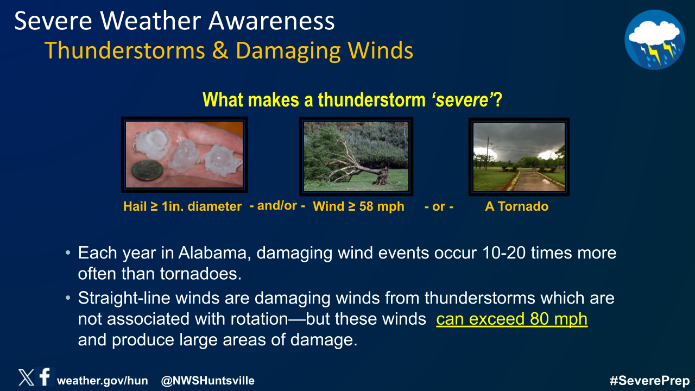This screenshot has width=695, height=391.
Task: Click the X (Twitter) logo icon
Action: pyautogui.click(x=27, y=377)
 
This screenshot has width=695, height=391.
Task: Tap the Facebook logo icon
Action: pyautogui.click(x=45, y=376)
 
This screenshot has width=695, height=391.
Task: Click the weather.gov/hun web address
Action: pyautogui.click(x=103, y=381)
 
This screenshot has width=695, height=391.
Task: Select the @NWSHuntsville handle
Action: pyautogui.click(x=208, y=381)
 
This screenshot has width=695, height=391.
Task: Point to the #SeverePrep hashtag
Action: pyautogui.click(x=649, y=381)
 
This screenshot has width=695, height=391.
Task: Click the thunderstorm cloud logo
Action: pyautogui.click(x=655, y=40)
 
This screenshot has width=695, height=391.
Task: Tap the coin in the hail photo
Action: pyautogui.click(x=147, y=170)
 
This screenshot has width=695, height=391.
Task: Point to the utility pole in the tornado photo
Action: pyautogui.click(x=487, y=153)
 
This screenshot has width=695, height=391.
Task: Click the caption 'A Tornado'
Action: pyautogui.click(x=516, y=206)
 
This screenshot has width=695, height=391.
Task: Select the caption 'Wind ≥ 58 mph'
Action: pyautogui.click(x=359, y=206)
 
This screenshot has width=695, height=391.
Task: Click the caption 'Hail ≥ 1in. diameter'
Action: pyautogui.click(x=182, y=206)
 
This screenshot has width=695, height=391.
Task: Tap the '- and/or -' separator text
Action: pyautogui.click(x=277, y=206)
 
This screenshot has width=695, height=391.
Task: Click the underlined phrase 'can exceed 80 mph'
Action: pyautogui.click(x=512, y=319)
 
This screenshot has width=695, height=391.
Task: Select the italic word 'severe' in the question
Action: pyautogui.click(x=462, y=100)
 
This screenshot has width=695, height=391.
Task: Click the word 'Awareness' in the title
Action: pyautogui.click(x=271, y=21)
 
